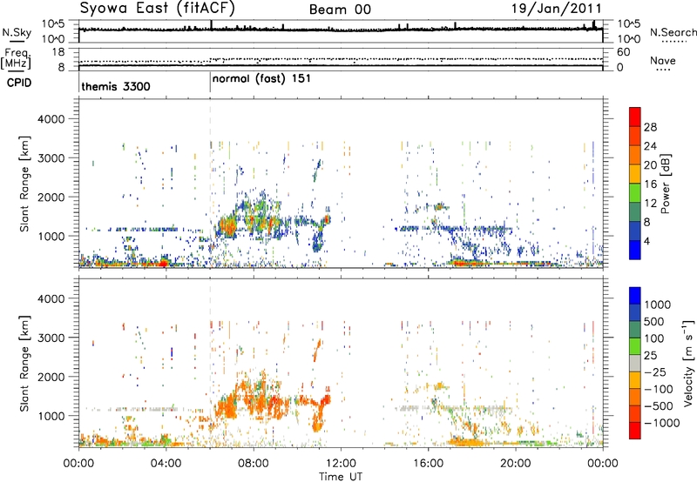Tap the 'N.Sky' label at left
[14, 32]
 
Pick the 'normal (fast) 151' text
[262, 78]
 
